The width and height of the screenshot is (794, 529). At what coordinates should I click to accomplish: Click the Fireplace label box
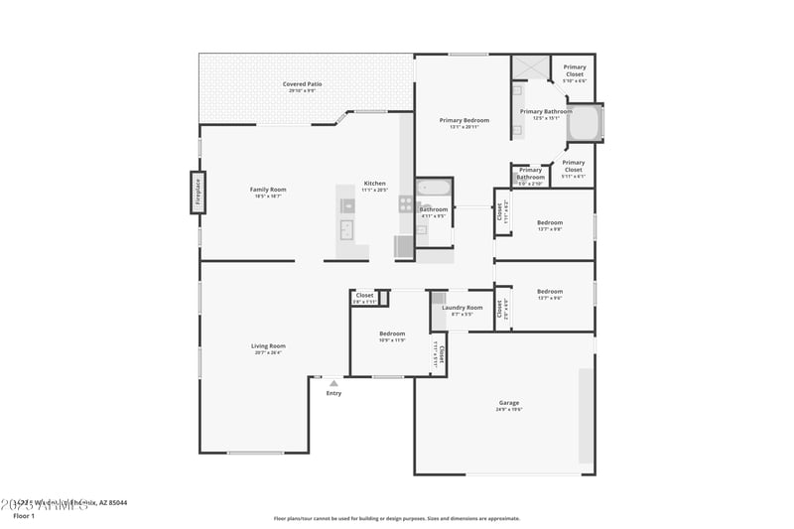click(198, 193)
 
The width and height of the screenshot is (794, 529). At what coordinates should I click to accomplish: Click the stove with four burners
click(405, 203)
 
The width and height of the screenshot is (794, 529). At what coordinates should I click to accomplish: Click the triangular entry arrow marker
click(333, 382)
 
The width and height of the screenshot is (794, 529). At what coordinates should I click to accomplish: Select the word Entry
click(333, 393)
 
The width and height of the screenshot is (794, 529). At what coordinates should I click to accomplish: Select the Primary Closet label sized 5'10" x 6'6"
click(575, 71)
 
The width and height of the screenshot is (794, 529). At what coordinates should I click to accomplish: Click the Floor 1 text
click(23, 516)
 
